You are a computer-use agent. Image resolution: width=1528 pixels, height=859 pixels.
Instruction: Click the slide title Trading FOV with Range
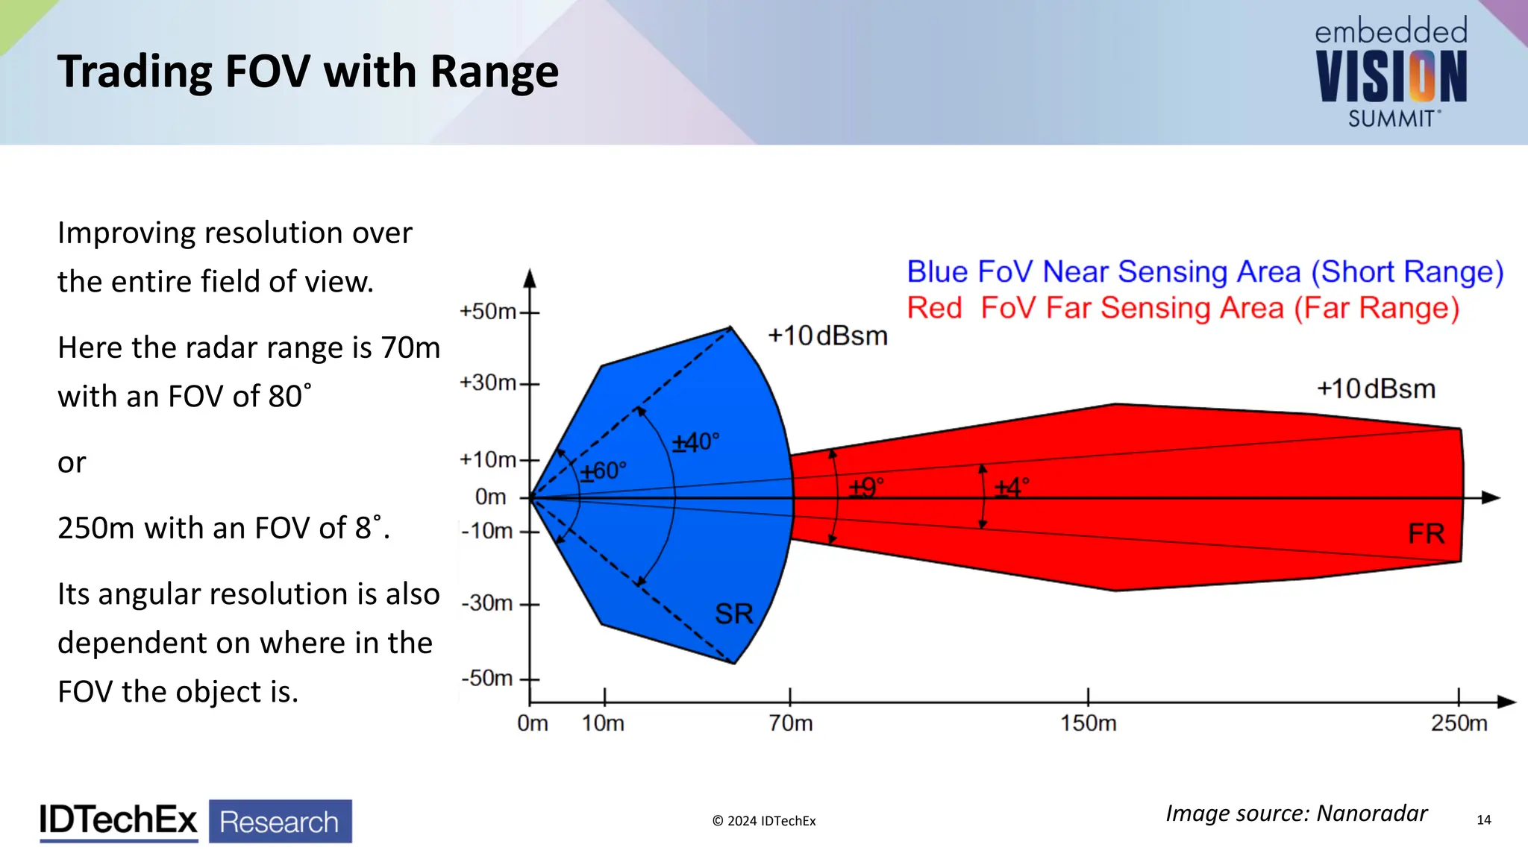[x=307, y=72]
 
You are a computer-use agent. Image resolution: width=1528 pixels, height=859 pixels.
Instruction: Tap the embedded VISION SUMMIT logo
[x=1391, y=73]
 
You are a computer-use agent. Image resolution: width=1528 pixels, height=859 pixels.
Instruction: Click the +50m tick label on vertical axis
[x=488, y=312]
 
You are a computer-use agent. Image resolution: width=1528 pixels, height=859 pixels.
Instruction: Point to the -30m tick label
[x=486, y=602]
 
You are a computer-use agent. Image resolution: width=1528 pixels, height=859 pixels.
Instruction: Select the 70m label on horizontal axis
[x=791, y=723]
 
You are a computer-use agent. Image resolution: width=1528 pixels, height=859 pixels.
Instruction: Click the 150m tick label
[x=1089, y=723]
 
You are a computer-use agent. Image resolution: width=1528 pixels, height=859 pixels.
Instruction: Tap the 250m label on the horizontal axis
[x=1459, y=723]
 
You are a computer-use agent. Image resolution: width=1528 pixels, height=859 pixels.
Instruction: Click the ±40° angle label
[x=695, y=442]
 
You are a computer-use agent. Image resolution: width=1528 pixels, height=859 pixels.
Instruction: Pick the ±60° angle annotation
[x=604, y=471]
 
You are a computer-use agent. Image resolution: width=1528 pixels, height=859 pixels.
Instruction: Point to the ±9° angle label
[x=865, y=488]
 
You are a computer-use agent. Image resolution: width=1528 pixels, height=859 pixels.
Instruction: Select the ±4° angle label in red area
[x=1011, y=488]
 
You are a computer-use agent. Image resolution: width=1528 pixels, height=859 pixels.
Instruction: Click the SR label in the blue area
[x=734, y=614]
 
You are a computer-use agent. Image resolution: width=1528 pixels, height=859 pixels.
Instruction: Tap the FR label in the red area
[x=1426, y=534]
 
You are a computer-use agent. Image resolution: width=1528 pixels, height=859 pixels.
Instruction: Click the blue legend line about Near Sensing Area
[x=1204, y=272]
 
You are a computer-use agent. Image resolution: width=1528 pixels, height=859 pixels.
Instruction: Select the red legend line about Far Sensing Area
[x=1183, y=308]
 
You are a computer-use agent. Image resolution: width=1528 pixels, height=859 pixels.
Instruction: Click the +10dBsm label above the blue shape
[x=827, y=336]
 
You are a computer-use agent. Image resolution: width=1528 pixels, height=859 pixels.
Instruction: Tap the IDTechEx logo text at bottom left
[x=119, y=821]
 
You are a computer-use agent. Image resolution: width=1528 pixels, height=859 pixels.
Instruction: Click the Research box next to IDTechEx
[x=280, y=822]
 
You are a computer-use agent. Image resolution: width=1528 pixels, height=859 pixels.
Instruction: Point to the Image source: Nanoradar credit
[x=1296, y=814]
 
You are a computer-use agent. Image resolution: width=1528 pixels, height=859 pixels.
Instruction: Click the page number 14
[x=1483, y=820]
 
